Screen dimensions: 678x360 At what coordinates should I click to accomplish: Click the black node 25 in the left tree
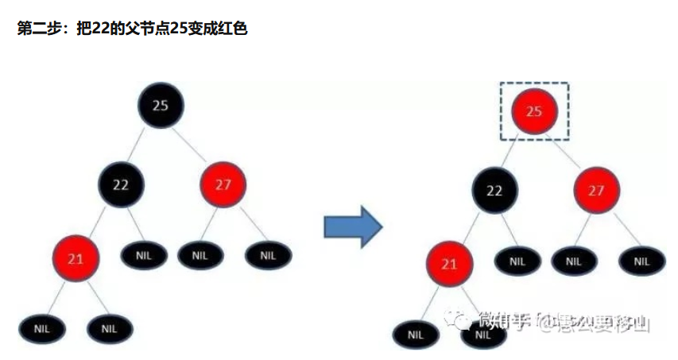click(x=161, y=106)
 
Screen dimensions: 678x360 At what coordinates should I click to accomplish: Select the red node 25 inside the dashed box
click(x=534, y=110)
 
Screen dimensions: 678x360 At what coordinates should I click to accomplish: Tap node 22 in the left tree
click(x=121, y=184)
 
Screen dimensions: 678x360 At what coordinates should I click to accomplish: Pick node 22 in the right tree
click(x=494, y=191)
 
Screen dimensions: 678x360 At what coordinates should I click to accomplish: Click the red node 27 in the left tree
click(x=223, y=184)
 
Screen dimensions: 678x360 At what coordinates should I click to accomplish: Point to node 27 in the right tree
click(x=597, y=191)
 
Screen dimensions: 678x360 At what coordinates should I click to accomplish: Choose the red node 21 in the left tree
click(x=76, y=258)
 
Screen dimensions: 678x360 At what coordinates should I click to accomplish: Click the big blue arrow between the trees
click(x=353, y=227)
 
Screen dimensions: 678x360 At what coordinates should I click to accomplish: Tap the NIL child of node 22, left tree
click(x=144, y=256)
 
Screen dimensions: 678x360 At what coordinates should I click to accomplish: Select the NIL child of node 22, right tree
click(x=517, y=261)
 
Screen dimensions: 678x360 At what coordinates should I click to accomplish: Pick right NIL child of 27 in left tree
click(x=268, y=256)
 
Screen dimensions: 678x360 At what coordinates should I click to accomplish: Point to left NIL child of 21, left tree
click(x=42, y=327)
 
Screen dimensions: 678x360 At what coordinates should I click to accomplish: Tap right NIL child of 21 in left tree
click(x=110, y=327)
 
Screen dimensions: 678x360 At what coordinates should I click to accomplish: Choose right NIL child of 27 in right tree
click(x=641, y=261)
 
